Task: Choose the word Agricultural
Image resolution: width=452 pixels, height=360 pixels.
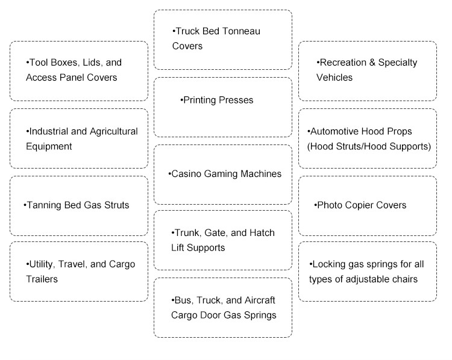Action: pyautogui.click(x=114, y=132)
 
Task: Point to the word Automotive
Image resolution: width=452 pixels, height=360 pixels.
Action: pyautogui.click(x=334, y=132)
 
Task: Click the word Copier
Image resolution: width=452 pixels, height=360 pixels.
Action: pyautogui.click(x=359, y=205)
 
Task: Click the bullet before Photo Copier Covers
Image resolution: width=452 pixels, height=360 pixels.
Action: pyautogui.click(x=315, y=205)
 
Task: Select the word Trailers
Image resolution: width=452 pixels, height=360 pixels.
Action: pyautogui.click(x=42, y=279)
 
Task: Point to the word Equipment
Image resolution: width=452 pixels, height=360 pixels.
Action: pyautogui.click(x=49, y=147)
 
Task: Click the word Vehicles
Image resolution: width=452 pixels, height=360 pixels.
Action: pyautogui.click(x=334, y=78)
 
